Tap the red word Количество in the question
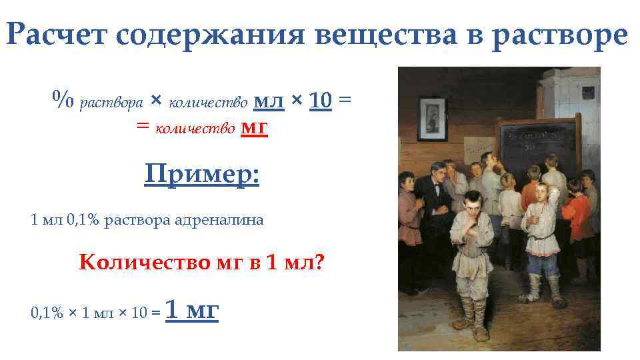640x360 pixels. tap(133, 262)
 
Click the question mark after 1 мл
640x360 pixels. tap(318, 262)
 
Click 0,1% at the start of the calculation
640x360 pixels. tap(47, 312)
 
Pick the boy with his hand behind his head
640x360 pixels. tap(543, 227)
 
